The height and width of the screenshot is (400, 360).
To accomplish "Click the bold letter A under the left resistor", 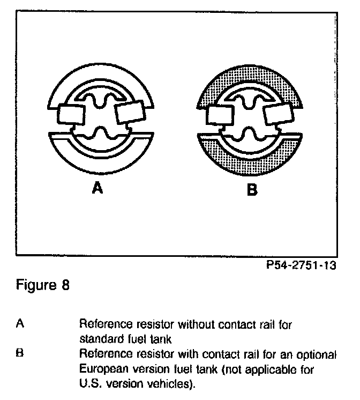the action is click(97, 189).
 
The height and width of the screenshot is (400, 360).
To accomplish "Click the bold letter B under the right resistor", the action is click(251, 189).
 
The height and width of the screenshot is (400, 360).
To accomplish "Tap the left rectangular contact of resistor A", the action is click(70, 114).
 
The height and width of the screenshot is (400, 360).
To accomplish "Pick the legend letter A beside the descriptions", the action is click(20, 324).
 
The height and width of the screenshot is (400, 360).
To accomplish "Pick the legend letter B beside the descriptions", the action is click(20, 354).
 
